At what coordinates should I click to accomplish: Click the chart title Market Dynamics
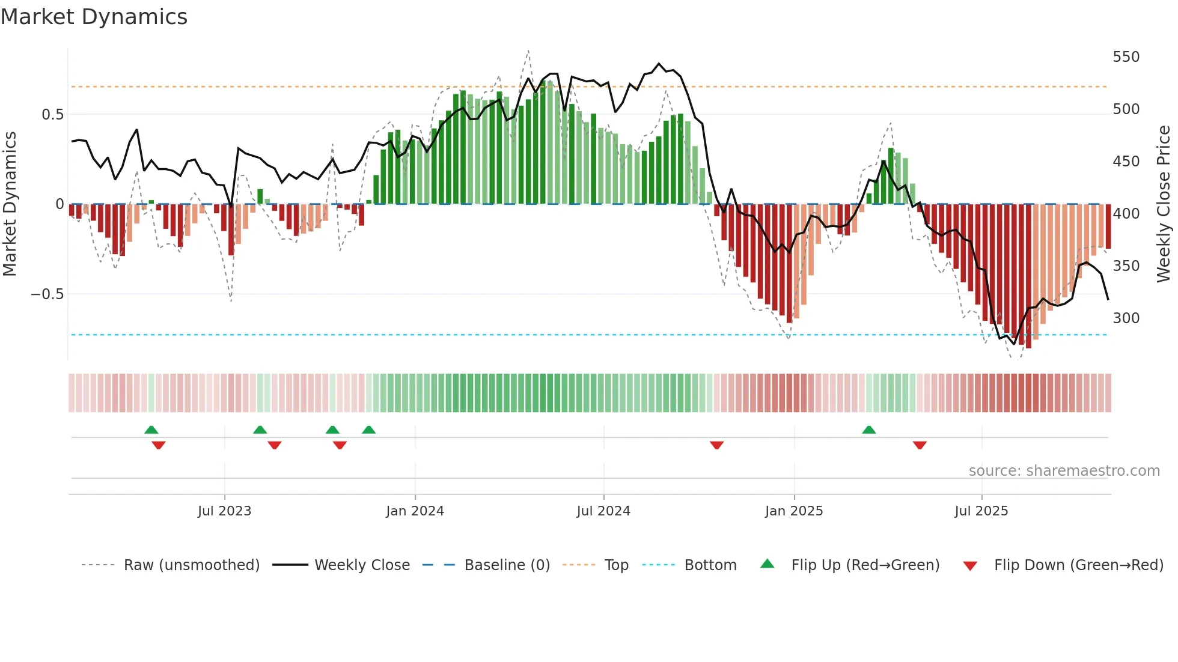pos(94,17)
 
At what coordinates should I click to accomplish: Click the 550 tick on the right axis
pos(1126,57)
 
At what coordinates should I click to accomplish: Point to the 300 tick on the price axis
pos(1126,318)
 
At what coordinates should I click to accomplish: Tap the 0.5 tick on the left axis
pos(52,115)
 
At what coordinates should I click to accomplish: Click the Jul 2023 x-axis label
pos(224,511)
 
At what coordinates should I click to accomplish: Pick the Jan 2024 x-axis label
pos(415,511)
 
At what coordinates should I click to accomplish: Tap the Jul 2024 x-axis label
pos(603,511)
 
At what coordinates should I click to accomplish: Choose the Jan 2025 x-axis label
pos(794,511)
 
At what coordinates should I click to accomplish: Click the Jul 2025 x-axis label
pos(981,511)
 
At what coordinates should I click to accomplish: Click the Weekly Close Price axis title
pos(1164,204)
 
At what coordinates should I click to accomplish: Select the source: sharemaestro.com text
pos(1064,471)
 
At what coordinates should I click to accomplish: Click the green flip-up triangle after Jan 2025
pos(868,430)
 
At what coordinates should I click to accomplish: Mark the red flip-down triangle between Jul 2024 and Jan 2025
pos(716,445)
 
